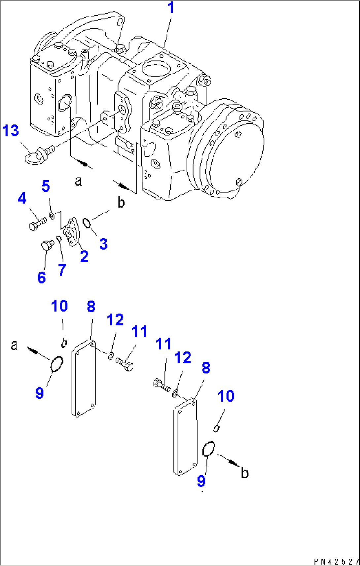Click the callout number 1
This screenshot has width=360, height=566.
coord(170,8)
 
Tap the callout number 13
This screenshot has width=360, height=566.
coord(11,131)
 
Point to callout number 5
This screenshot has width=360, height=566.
coord(46,186)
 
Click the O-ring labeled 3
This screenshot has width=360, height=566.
coord(87,223)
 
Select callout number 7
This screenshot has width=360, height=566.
coord(62,270)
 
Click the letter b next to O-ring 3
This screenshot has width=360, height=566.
coord(121,202)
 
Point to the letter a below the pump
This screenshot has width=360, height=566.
coord(78,181)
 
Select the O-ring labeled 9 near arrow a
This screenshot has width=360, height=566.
coord(56,364)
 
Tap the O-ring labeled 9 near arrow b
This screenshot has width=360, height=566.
coord(208,449)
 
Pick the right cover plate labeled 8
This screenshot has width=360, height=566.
coord(185,438)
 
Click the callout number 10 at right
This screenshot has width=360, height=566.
coord(226,396)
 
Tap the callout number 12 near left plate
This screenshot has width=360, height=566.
coord(115,320)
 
